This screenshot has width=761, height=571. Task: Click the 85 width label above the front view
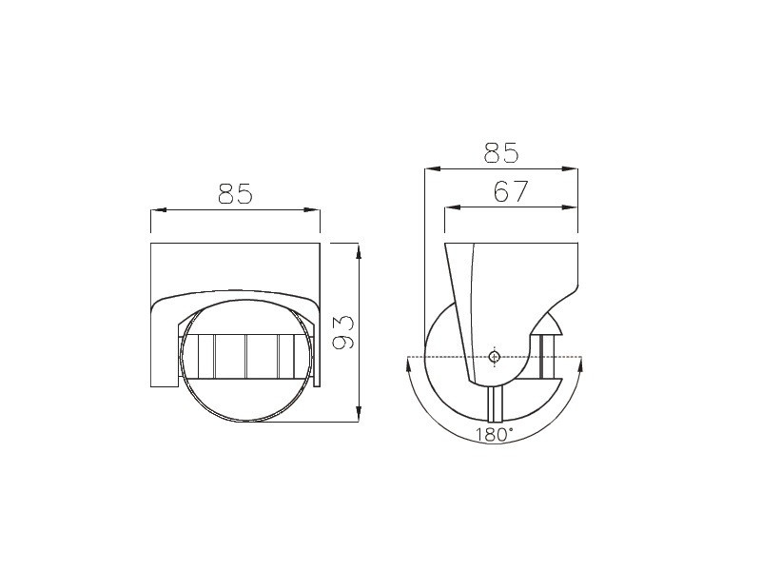pos(235,193)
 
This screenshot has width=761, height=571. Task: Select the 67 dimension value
pos(510,191)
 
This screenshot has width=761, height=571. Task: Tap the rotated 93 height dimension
pos(343,332)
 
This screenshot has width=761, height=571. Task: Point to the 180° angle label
pos(494,435)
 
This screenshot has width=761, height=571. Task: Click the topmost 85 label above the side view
pos(501,152)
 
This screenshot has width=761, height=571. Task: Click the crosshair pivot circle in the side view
pos(494,358)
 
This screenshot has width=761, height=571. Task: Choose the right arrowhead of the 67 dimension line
pos(569,207)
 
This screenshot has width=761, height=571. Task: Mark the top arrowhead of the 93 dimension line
pos(359,251)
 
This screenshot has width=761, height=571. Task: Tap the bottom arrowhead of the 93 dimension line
pos(359,414)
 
